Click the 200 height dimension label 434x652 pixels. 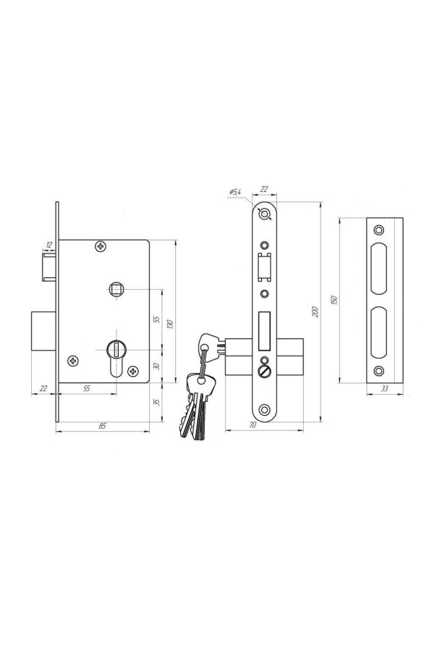(315, 312)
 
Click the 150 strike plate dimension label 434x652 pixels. (334, 300)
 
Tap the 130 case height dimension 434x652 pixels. (170, 324)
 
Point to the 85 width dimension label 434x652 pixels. (102, 426)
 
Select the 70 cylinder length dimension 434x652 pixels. (252, 425)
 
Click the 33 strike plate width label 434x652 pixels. (385, 388)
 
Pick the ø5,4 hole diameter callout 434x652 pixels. (235, 192)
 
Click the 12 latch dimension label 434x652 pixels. (49, 245)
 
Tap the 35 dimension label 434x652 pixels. (156, 403)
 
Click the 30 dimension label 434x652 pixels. (156, 366)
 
